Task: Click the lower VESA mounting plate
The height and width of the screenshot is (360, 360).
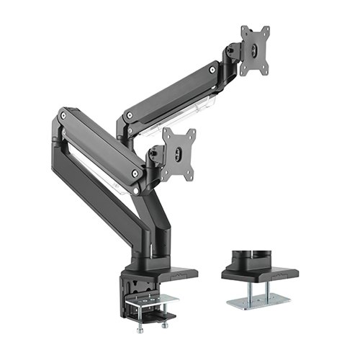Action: (x=178, y=152)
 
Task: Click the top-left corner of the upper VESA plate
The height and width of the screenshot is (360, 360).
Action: (x=243, y=30)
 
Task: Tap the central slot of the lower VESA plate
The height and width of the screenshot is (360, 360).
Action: (x=177, y=153)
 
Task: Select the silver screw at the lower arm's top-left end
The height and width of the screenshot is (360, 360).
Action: (x=66, y=114)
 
